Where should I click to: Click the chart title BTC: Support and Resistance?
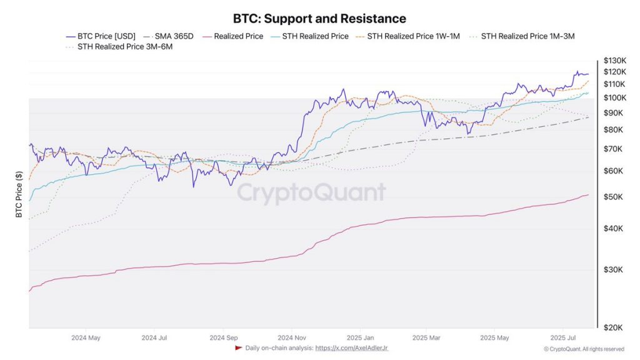point(319,19)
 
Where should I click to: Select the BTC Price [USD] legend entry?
point(106,36)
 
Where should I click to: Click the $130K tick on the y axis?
point(614,61)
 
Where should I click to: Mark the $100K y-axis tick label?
point(614,98)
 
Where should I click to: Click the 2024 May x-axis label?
point(86,338)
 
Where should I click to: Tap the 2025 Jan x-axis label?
point(361,338)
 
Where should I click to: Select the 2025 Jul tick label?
point(562,338)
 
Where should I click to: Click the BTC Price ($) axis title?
point(19,194)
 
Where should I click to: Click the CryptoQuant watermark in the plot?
point(311,193)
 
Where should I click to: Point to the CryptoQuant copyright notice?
point(584,349)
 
